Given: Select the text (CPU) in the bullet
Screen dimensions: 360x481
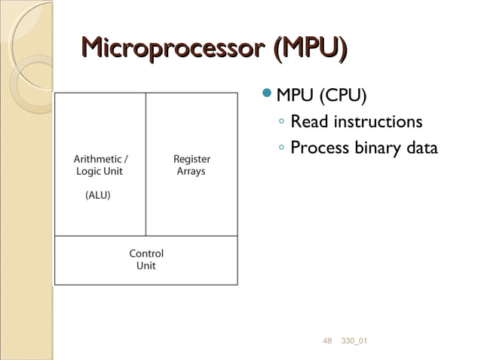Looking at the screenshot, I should [x=345, y=96].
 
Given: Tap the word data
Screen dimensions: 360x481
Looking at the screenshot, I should [x=421, y=148].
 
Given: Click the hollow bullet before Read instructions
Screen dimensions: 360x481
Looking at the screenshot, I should [x=280, y=122].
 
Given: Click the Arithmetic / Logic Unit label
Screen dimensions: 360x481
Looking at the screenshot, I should [x=100, y=165].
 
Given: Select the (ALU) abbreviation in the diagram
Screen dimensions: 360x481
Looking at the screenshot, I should [x=97, y=195].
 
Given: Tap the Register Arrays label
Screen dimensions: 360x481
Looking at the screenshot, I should [x=191, y=165].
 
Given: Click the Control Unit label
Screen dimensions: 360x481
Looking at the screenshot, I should [x=146, y=260].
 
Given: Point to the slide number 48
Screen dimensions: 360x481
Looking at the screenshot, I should [x=327, y=343].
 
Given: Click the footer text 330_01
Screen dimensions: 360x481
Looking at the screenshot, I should [x=354, y=343].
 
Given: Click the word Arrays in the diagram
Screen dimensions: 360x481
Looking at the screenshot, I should [x=191, y=172].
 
